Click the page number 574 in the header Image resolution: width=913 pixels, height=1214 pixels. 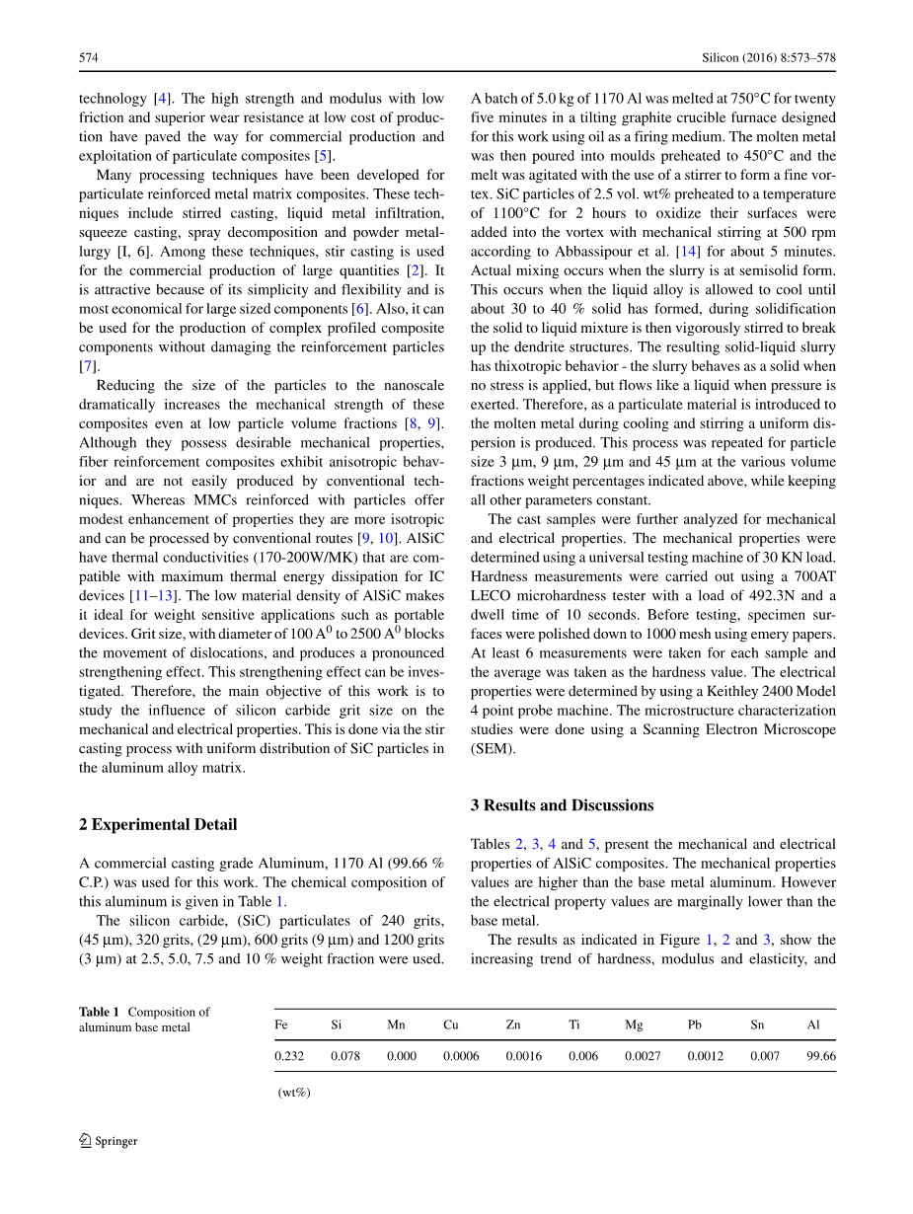click(88, 58)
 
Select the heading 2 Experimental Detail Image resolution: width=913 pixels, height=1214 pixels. click(158, 824)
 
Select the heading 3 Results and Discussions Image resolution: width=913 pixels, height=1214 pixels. click(562, 805)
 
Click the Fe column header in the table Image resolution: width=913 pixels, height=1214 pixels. click(281, 1024)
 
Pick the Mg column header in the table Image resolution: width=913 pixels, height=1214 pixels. click(634, 1024)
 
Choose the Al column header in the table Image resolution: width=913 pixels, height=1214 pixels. click(813, 1024)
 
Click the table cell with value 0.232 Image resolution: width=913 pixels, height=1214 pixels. click(289, 1056)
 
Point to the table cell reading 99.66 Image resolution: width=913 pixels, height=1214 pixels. click(820, 1056)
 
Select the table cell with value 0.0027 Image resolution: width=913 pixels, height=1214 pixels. click(643, 1056)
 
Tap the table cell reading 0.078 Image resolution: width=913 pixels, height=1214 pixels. click(345, 1056)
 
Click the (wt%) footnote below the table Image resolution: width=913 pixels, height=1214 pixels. click(294, 1092)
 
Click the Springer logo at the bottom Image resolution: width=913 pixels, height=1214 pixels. click(109, 1141)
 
